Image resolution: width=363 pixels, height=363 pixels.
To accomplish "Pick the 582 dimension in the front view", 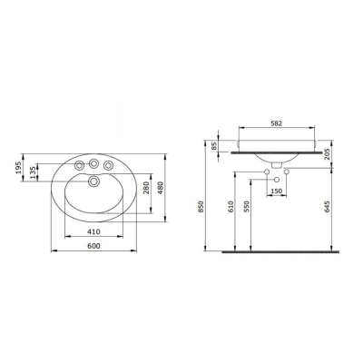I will pos(280,123).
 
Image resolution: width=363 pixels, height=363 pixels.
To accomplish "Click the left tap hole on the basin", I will pos(78,165).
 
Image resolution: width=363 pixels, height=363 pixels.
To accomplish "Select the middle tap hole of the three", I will pos(93,163).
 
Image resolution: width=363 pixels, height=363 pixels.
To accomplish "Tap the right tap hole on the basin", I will pos(109,165).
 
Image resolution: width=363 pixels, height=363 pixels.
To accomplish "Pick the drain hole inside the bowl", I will pos(93,183).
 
